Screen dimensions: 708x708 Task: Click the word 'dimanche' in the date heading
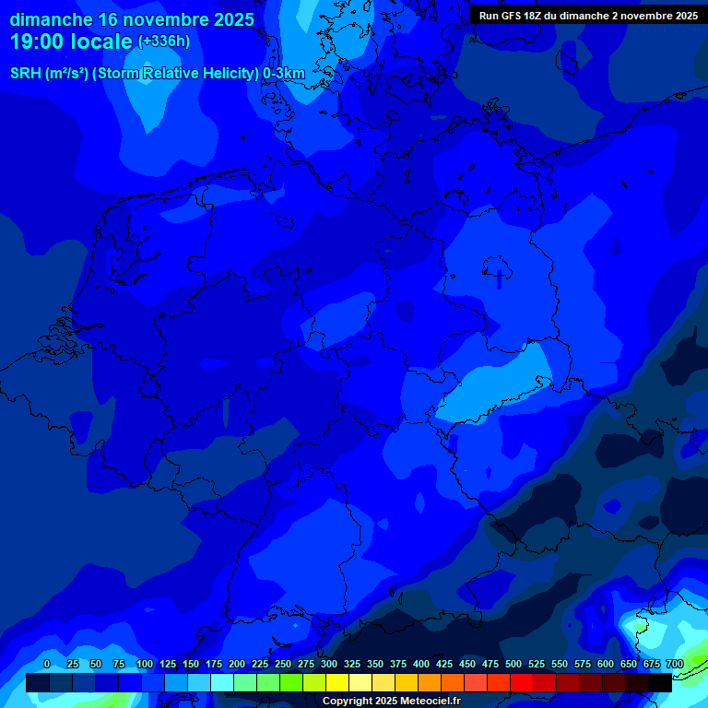click(51, 19)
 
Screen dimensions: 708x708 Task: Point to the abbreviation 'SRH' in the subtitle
click(25, 74)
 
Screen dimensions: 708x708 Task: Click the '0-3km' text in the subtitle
click(283, 74)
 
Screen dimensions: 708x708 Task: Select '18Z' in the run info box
click(544, 16)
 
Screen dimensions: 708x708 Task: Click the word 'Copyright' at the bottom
click(347, 702)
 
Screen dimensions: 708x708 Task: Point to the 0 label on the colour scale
click(47, 665)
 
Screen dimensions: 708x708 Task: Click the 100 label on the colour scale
click(144, 665)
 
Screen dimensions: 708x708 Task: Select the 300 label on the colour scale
click(328, 665)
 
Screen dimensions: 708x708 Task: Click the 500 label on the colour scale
click(513, 665)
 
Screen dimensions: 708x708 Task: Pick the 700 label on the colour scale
click(674, 665)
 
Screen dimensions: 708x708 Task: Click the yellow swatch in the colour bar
click(337, 682)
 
